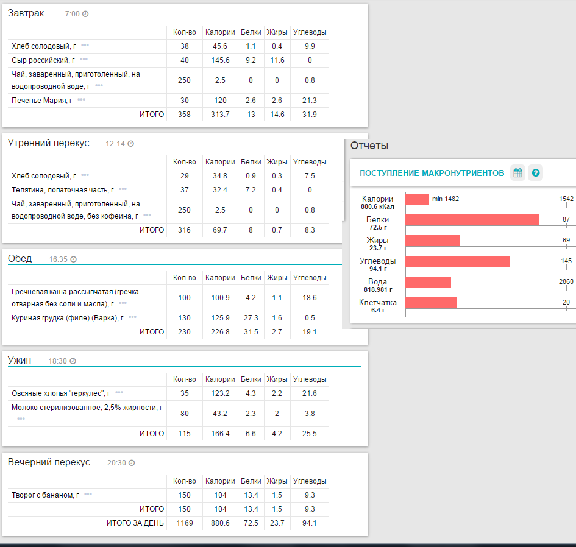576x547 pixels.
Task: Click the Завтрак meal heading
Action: pos(26,13)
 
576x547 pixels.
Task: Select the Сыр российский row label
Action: pos(43,60)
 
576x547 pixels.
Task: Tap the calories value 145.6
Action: pos(216,60)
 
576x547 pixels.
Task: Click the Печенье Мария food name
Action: pos(41,100)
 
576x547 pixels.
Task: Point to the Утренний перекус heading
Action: pos(48,143)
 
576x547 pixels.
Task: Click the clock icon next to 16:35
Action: pos(74,259)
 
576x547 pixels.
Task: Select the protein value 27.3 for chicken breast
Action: pos(251,317)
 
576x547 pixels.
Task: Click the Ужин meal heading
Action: pos(19,361)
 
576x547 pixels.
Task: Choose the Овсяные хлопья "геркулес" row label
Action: pos(60,393)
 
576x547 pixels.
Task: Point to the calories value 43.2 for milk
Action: pos(216,414)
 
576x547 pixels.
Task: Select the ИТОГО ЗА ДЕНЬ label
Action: pos(135,523)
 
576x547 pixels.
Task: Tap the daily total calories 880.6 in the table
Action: pos(216,523)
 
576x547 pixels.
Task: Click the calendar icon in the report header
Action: pos(517,173)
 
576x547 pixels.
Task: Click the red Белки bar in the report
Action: pos(472,219)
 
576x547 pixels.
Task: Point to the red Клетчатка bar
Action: pos(431,303)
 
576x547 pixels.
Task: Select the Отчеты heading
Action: pos(369,146)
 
